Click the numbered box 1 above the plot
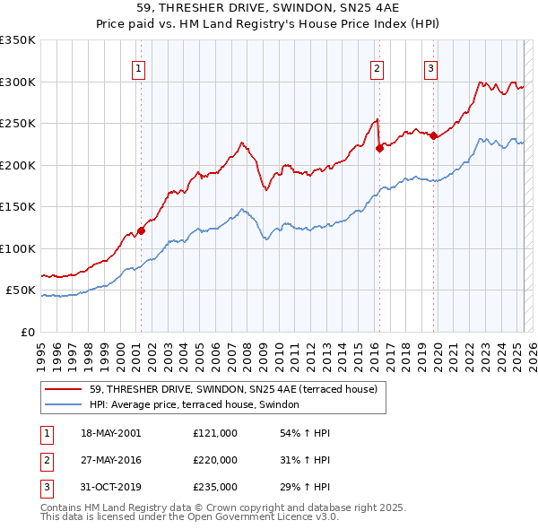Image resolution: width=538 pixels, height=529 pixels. tap(140, 69)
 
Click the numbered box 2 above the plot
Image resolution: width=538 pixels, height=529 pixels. tap(377, 69)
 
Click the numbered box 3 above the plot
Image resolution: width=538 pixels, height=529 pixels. tap(431, 69)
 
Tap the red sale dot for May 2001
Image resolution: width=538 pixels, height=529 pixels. tap(141, 231)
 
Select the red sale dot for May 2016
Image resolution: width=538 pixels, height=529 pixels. tap(378, 149)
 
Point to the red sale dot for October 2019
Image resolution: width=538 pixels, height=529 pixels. tap(433, 136)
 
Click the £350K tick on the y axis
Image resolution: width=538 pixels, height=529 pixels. tap(18, 40)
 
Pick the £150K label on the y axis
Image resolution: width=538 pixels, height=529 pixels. tap(18, 207)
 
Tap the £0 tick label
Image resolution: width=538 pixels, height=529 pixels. tap(27, 332)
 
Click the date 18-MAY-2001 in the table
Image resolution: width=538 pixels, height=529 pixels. tap(110, 433)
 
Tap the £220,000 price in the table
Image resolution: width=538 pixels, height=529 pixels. tap(215, 460)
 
